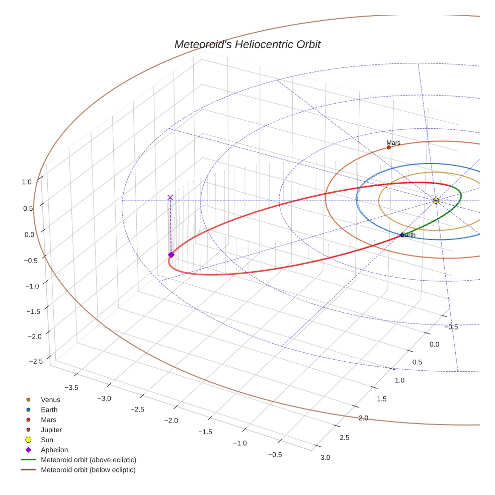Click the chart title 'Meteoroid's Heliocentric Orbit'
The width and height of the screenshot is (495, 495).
tap(247, 44)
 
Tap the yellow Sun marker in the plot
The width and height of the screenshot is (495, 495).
tap(436, 201)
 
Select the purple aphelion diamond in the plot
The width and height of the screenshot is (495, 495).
tap(171, 255)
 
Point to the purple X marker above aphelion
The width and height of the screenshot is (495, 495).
tap(170, 198)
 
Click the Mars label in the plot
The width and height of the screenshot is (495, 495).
tap(393, 143)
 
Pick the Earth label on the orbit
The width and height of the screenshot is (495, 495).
tap(408, 235)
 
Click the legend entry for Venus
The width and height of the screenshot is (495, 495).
tap(50, 400)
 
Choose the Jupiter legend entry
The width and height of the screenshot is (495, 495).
tap(51, 430)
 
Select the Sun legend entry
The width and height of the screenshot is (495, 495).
tap(48, 440)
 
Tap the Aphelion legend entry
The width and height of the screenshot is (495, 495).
tap(54, 450)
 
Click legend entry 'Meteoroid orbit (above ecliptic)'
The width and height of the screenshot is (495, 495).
tap(89, 460)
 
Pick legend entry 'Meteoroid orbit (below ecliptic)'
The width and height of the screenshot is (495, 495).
tap(88, 470)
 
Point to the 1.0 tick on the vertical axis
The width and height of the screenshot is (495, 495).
tap(27, 182)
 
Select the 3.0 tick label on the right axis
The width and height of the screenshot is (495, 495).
tap(325, 457)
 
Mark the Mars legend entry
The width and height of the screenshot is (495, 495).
tap(49, 420)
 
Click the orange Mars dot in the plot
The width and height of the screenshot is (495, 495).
tap(388, 147)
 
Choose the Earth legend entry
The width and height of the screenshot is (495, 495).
tap(49, 410)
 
